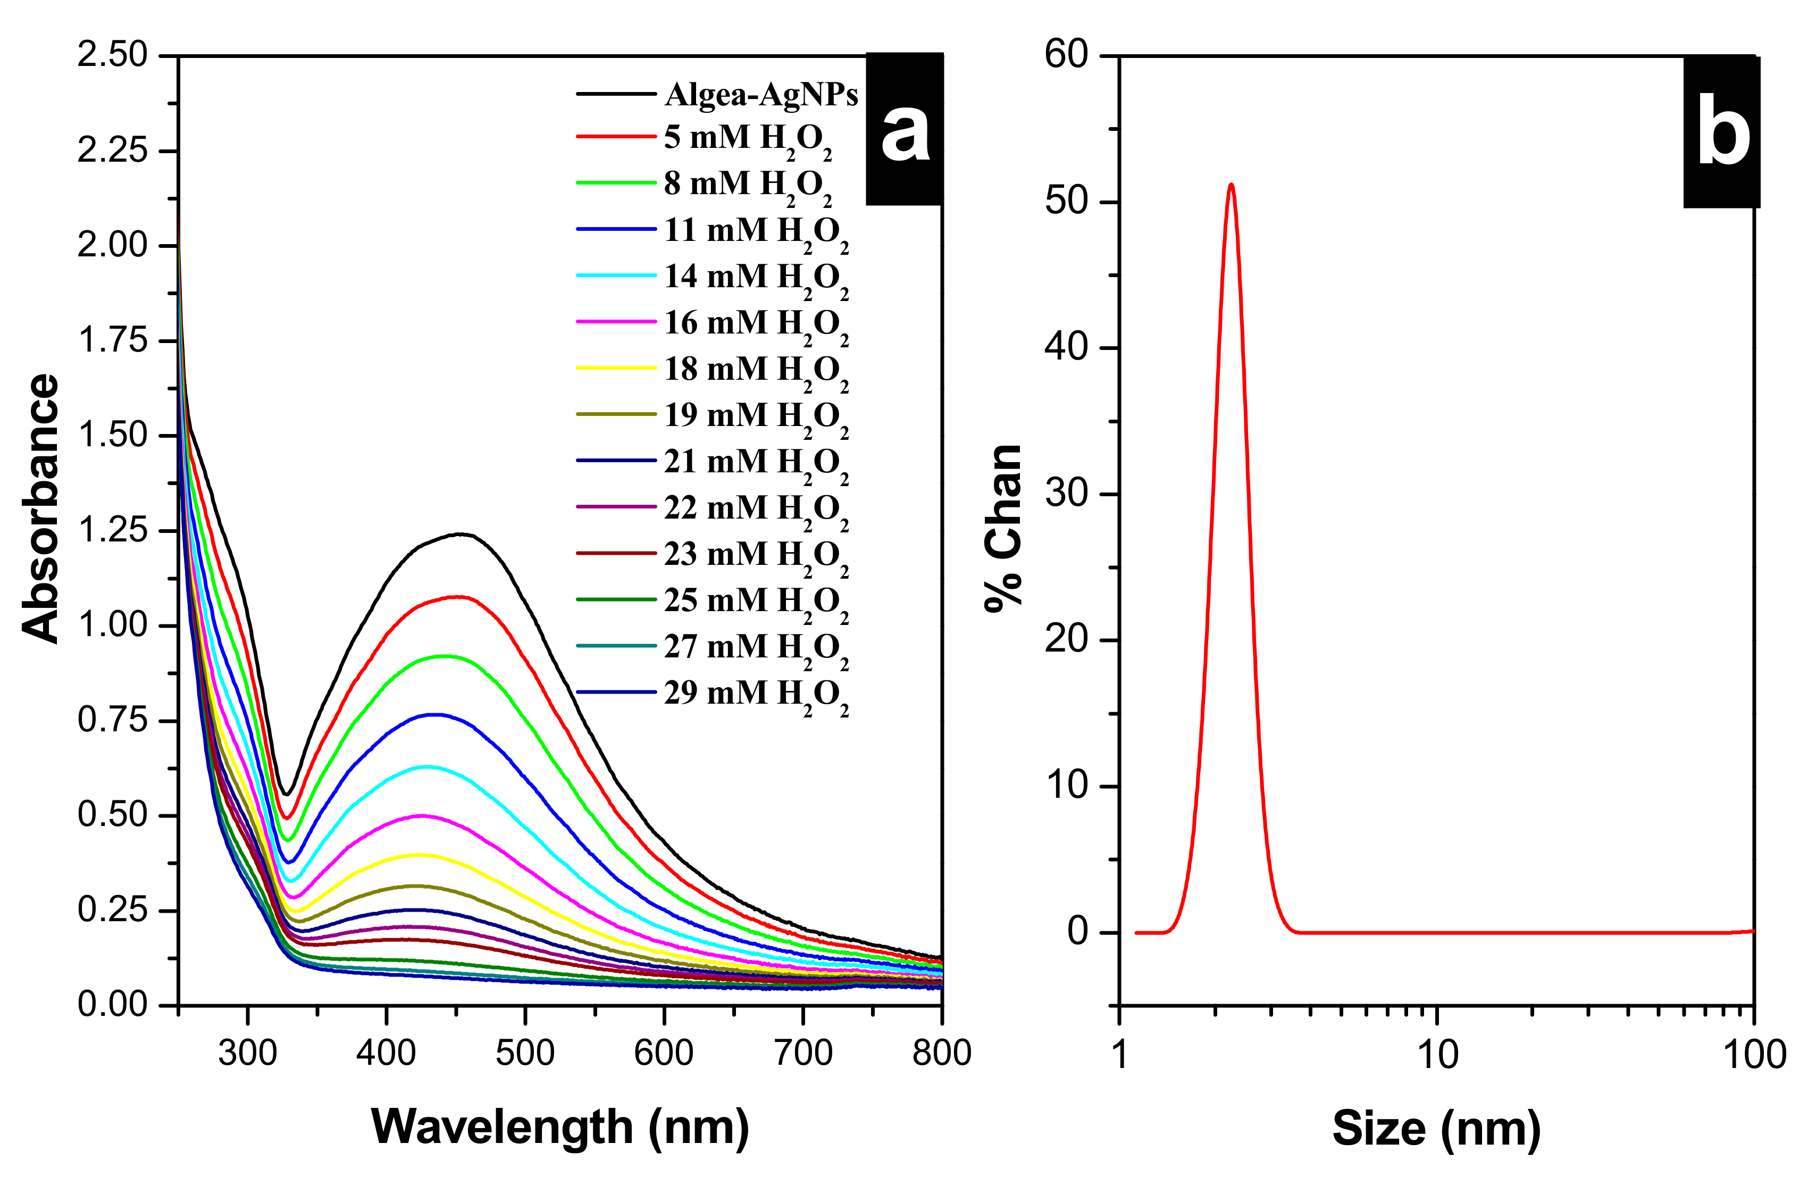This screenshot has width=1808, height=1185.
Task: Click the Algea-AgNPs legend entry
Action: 760,94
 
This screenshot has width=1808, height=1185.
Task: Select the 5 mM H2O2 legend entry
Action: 748,139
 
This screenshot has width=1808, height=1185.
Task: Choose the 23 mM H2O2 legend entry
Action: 756,555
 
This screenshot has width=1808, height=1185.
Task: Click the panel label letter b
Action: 1723,133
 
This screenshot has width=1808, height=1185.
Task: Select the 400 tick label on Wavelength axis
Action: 387,1054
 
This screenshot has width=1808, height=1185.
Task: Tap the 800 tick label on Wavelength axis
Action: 941,1054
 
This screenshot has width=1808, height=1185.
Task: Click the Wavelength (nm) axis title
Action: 560,1126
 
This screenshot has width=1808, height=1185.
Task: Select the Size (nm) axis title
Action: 1436,1128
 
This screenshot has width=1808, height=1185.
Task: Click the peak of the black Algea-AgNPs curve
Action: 459,534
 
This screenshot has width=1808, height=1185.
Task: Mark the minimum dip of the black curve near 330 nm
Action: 287,795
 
